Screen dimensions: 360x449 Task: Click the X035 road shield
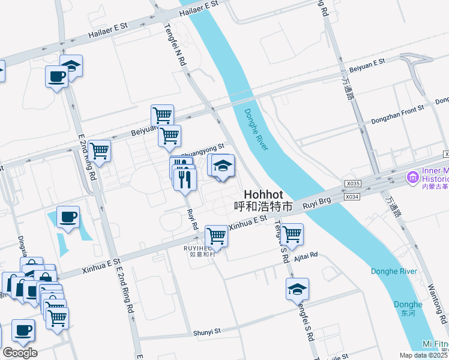click(354, 184)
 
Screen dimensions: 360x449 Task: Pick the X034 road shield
click(353, 196)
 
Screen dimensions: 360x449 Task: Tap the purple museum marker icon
click(412, 177)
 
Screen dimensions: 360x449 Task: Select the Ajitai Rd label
click(306, 254)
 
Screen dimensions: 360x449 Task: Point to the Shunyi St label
click(207, 331)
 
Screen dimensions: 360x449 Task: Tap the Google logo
click(20, 352)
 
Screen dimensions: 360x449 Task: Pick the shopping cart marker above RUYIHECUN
click(216, 235)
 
